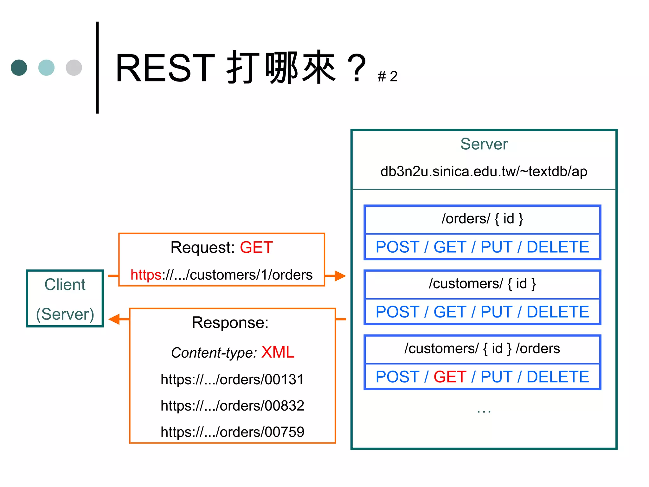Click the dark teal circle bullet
tap(19, 68)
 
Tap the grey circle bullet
tap(74, 68)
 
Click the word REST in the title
tap(165, 68)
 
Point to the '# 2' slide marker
tap(387, 76)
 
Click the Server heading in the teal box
tap(484, 144)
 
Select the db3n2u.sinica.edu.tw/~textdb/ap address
tap(484, 171)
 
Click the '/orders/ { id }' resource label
tap(482, 219)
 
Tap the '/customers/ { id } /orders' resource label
tap(482, 349)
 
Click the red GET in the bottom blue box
tap(450, 377)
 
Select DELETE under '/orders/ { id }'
tap(558, 247)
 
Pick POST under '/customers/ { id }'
tap(397, 312)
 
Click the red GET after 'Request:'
tap(256, 247)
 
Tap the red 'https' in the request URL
tap(146, 275)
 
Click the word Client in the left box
tap(65, 284)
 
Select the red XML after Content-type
tap(278, 352)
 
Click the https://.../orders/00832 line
tap(232, 406)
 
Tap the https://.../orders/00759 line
tap(232, 432)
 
